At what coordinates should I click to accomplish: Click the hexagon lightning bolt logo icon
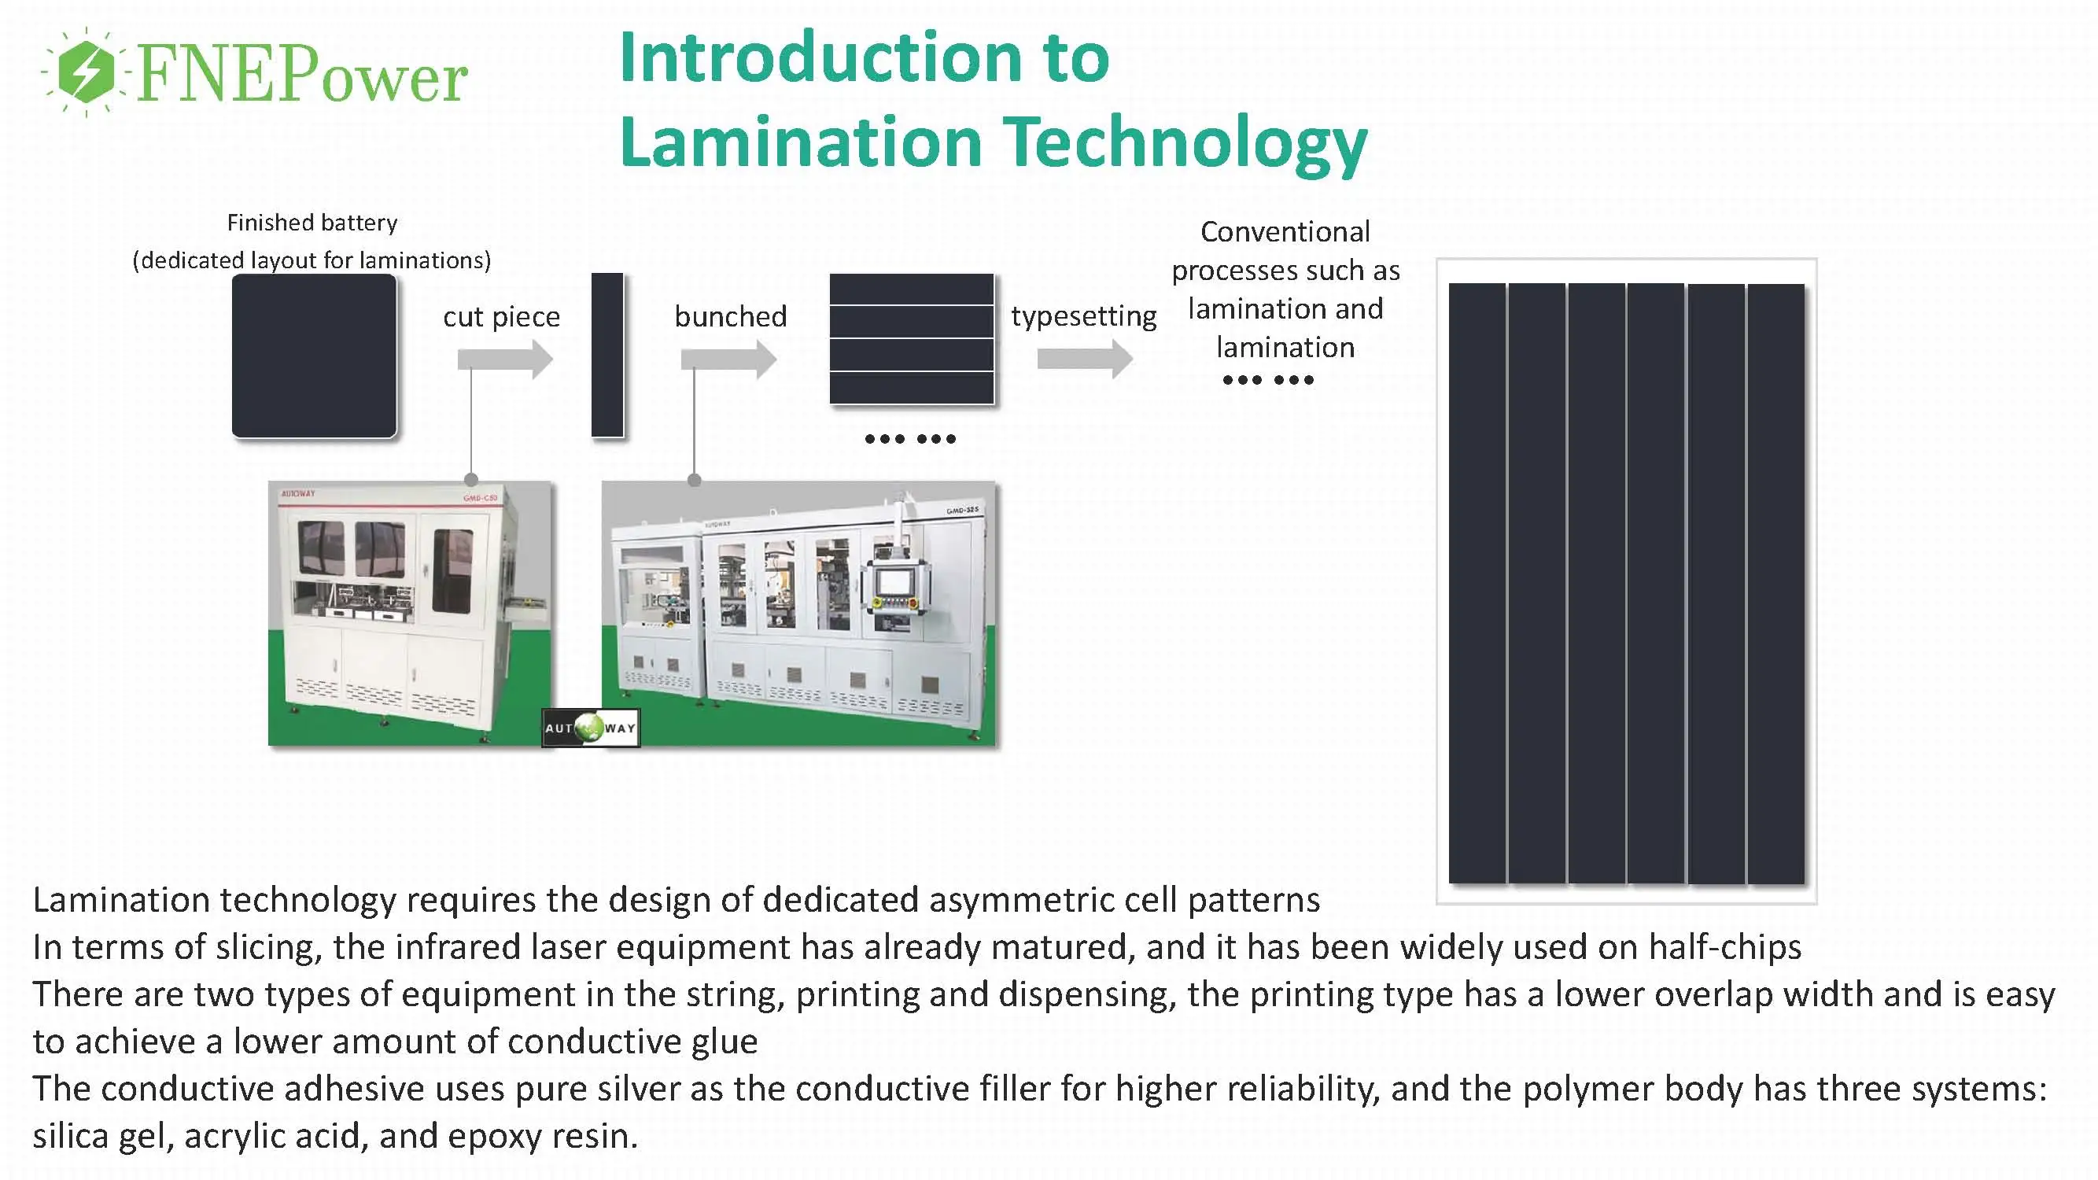point(87,72)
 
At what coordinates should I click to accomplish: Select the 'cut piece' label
point(502,317)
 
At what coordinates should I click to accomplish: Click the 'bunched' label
point(731,317)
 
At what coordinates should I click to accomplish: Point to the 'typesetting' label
point(1083,317)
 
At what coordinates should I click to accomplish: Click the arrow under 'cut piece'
point(505,360)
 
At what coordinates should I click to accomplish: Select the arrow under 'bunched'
point(728,360)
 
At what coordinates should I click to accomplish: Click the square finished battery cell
point(315,356)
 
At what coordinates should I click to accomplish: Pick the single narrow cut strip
point(607,355)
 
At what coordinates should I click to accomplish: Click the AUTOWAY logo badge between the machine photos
point(591,728)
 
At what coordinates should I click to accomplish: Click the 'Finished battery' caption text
point(312,223)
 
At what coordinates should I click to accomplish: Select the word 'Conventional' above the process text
point(1285,232)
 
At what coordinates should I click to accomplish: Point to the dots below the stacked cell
point(909,439)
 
